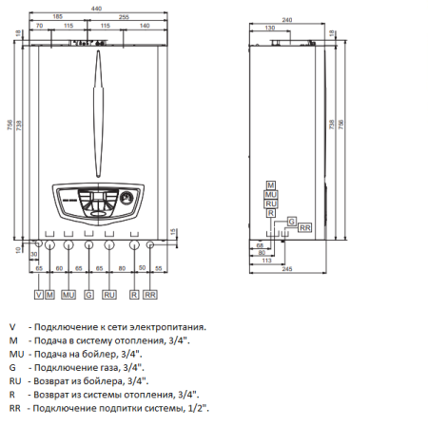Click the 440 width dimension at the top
click(96, 8)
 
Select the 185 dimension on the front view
click(59, 17)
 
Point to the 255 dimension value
click(124, 17)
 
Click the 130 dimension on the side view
click(272, 28)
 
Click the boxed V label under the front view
click(38, 296)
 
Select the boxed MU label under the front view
click(68, 296)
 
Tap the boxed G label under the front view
click(88, 296)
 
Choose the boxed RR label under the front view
click(149, 296)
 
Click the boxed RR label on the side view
click(304, 228)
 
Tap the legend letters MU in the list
click(14, 353)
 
